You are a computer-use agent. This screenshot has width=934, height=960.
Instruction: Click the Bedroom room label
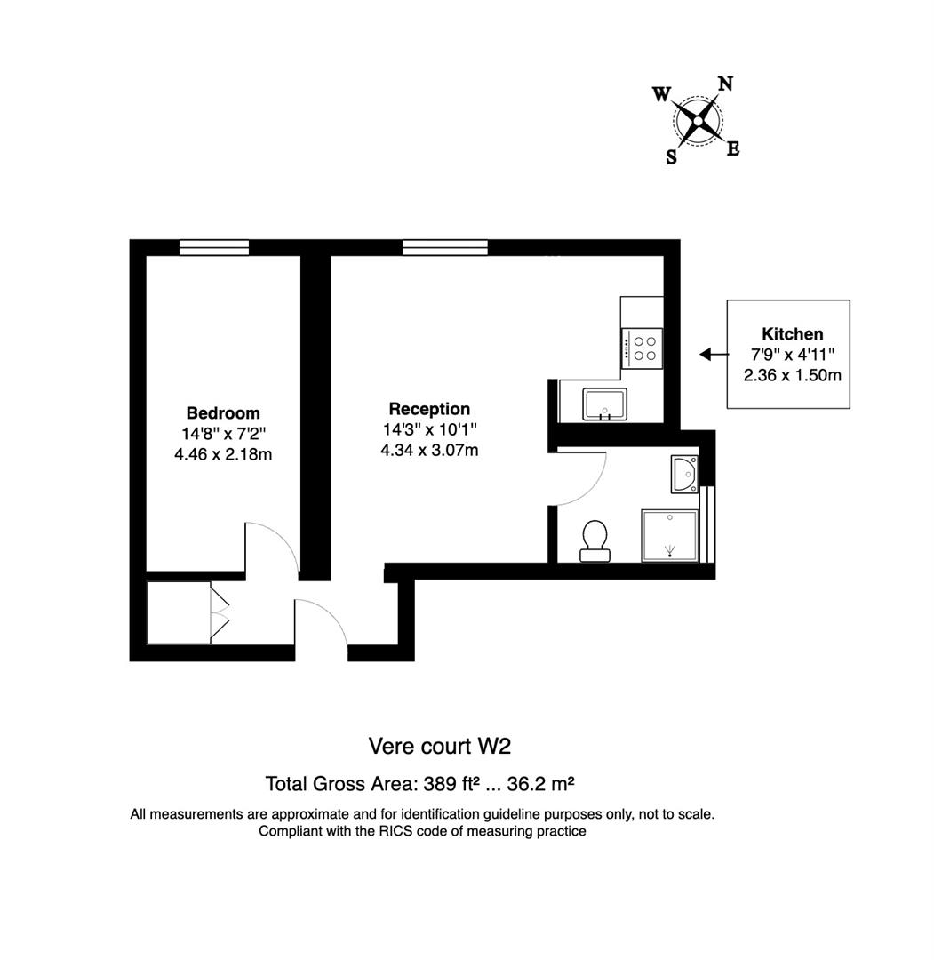[223, 413]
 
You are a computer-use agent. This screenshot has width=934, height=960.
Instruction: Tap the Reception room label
[429, 410]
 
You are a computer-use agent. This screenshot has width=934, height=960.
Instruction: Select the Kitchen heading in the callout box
[793, 334]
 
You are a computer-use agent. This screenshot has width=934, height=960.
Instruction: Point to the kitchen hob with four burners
[642, 348]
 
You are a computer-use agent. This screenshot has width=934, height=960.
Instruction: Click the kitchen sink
[604, 404]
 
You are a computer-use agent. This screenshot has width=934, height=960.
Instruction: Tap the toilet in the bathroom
[595, 540]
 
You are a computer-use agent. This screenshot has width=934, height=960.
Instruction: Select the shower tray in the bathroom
[669, 536]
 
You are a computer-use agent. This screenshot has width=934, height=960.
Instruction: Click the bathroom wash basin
[685, 475]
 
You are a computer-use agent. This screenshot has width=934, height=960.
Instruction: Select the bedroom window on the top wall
[213, 248]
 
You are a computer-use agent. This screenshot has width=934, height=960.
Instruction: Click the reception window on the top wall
[444, 248]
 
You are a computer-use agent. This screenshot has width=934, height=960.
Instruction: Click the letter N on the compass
[725, 84]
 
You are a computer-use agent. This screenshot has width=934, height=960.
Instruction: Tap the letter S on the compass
[671, 157]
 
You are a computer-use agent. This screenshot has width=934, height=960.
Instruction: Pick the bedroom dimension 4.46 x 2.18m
[223, 454]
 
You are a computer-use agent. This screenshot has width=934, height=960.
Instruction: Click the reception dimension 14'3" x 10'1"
[429, 430]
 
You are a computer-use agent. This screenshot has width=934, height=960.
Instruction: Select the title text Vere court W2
[440, 745]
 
